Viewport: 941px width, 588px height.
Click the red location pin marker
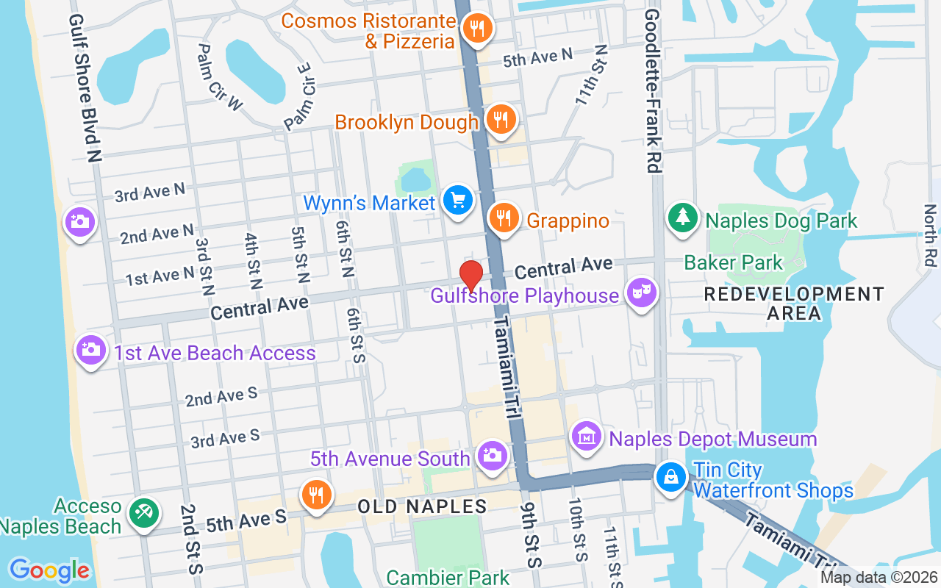tap(471, 276)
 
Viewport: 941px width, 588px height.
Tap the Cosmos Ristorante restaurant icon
tap(477, 29)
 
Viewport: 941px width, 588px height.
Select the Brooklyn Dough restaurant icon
tap(501, 118)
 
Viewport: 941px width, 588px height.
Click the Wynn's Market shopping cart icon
tap(458, 200)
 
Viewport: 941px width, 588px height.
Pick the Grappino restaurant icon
tap(504, 218)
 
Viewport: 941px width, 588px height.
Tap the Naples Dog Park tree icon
tap(683, 217)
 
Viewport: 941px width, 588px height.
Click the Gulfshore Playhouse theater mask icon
tap(641, 293)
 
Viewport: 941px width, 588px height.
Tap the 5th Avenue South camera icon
tap(492, 456)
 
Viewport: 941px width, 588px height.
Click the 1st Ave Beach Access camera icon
tap(90, 350)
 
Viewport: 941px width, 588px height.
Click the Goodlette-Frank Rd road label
tap(651, 92)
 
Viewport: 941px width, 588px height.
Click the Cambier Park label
tap(448, 577)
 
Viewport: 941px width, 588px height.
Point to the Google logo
tap(49, 570)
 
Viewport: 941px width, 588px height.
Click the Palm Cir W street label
tap(220, 77)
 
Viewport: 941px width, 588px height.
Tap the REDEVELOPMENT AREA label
tap(794, 304)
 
